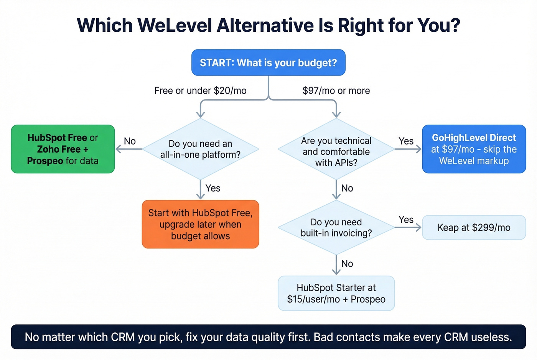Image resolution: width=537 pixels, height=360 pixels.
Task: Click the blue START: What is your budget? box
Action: tap(268, 62)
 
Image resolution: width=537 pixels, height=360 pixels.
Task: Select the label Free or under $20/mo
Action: tap(200, 91)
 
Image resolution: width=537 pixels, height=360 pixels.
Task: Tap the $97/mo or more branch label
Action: tap(336, 91)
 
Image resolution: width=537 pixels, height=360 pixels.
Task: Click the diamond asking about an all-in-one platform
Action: tap(200, 149)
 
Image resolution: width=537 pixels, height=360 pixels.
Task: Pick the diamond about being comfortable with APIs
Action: tap(336, 151)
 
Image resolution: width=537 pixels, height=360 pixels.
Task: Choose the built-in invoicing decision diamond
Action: tap(336, 228)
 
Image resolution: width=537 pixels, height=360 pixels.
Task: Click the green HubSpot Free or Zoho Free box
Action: tap(63, 149)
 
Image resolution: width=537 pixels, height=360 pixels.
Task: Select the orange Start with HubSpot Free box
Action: tap(200, 224)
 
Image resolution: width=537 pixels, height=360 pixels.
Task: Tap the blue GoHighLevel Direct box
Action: tap(474, 149)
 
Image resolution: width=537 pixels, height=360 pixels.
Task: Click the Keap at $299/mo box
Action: tap(474, 228)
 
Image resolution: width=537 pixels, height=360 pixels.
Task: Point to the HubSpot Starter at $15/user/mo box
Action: tap(336, 293)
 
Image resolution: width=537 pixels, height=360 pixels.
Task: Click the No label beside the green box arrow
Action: tap(130, 141)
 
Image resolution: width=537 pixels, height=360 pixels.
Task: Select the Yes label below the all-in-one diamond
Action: tap(213, 188)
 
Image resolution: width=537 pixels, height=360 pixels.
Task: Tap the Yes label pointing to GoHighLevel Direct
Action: tap(406, 141)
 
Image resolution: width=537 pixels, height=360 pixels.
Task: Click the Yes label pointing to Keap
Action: tap(406, 220)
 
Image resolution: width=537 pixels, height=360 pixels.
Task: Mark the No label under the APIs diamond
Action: tap(347, 188)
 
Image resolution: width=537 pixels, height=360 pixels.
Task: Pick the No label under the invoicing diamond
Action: tap(347, 264)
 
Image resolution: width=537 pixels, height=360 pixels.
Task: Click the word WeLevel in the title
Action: tap(175, 26)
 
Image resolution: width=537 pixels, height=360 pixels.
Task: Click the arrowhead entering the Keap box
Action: tap(418, 228)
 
